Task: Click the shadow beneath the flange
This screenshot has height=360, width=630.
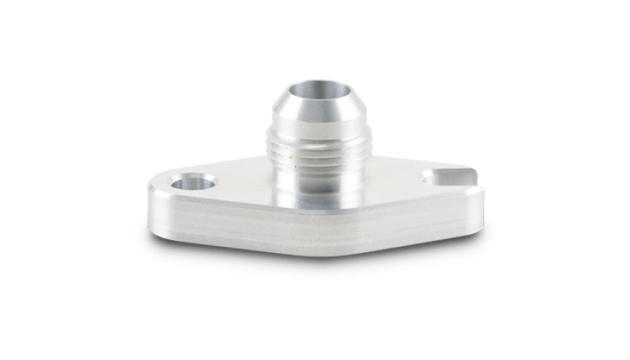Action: pos(315,256)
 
